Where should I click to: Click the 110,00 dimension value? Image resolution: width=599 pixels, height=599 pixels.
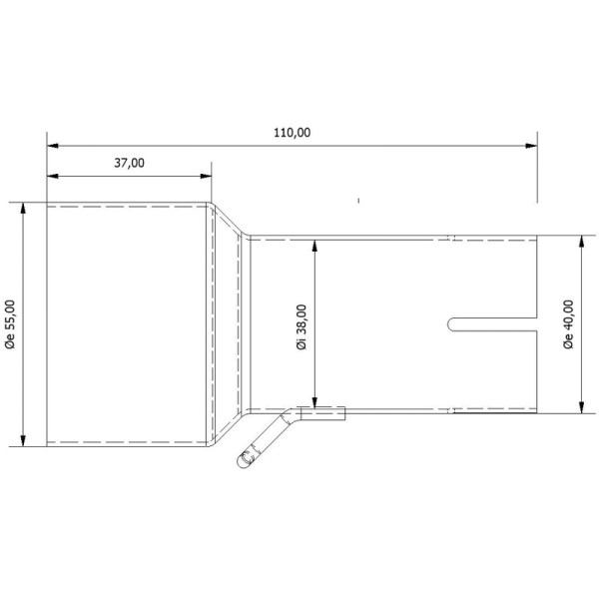[x=290, y=132]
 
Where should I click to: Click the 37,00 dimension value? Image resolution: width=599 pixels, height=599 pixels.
[x=130, y=163]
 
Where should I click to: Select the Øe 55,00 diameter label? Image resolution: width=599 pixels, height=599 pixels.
[x=9, y=325]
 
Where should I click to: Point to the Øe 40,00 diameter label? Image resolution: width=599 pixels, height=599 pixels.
[x=568, y=325]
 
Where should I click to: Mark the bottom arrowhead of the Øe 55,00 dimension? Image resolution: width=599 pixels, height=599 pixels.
[x=22, y=440]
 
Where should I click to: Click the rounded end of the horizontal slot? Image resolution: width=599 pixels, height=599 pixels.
[x=451, y=324]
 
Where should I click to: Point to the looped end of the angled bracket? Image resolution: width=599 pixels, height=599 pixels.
[x=244, y=458]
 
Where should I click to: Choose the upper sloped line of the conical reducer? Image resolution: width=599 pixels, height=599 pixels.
[x=229, y=221]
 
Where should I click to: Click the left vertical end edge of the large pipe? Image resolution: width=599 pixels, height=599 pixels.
[x=48, y=324]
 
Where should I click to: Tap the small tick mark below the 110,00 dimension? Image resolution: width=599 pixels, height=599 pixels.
[x=356, y=201]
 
